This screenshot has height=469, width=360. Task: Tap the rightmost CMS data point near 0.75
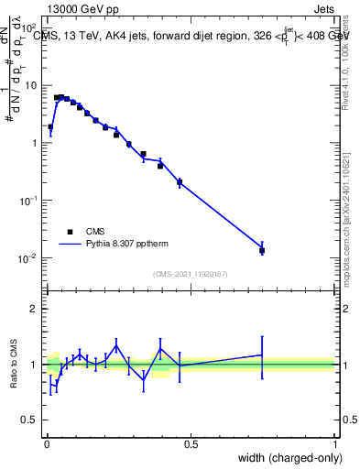262,250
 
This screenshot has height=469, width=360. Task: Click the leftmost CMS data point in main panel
50,127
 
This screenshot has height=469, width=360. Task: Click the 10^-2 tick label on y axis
28,258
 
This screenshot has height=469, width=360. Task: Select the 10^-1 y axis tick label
28,201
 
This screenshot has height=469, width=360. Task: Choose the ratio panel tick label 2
34,309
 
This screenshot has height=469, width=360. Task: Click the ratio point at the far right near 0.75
262,354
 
